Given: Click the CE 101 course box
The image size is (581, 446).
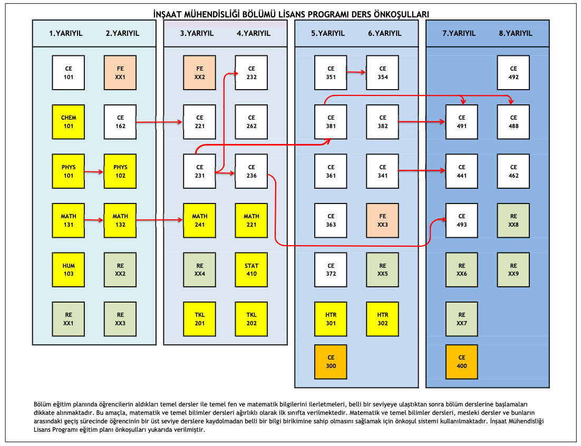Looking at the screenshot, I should [x=69, y=72].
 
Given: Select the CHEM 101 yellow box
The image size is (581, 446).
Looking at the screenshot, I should [x=69, y=122].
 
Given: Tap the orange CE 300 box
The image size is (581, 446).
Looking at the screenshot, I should [x=331, y=362].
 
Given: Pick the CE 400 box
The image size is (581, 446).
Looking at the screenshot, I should [x=462, y=362].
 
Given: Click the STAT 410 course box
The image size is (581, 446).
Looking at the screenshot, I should [x=251, y=269].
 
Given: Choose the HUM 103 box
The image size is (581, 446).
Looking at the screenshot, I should [x=69, y=269].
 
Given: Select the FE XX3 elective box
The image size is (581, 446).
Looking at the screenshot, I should [x=383, y=220].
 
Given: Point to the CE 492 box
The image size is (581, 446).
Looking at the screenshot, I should [x=514, y=72].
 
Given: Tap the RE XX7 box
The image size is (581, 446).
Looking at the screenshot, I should [x=462, y=319].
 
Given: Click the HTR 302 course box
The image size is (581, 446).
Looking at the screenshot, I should [x=383, y=319].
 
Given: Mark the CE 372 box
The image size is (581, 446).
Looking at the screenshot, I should [x=331, y=269].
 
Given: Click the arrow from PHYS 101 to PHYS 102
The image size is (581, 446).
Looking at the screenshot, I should [x=94, y=171].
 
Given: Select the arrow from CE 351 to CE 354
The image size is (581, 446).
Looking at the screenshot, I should [x=356, y=72].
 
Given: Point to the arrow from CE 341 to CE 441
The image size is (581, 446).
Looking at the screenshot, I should [x=422, y=170].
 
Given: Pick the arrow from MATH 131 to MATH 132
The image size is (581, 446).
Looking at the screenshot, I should [x=94, y=220].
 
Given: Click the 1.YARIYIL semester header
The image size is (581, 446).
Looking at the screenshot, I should [x=66, y=33].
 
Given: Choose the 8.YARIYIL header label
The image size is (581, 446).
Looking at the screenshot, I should [x=516, y=33].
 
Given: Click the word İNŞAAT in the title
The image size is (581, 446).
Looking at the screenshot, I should [x=169, y=14].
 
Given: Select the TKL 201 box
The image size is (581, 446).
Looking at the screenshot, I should [x=199, y=319].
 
